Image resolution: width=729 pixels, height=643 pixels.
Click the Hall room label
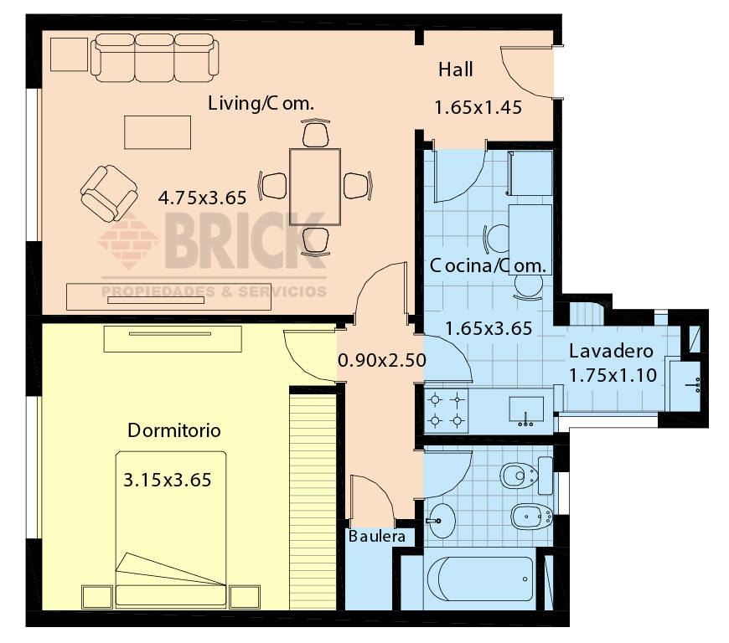pos(456,69)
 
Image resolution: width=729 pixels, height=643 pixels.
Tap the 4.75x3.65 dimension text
pos(202,198)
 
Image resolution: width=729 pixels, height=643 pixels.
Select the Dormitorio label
pos(174,431)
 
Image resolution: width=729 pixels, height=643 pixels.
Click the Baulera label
pos(377,536)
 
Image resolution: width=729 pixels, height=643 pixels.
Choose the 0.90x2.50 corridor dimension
pos(382,361)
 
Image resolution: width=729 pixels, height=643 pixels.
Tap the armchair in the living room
pos(109,193)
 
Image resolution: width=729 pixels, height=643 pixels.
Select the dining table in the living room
pos(315,186)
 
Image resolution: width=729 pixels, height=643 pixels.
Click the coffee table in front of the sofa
pos(158,132)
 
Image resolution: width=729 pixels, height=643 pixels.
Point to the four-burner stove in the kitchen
pos(447,409)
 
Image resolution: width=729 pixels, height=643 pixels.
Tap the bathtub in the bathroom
pos(480,579)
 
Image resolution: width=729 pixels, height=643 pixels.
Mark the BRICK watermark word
pos(244,243)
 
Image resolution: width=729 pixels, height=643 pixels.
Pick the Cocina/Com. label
pos(489,266)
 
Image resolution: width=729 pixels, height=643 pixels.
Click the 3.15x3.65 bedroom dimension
pos(167,481)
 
